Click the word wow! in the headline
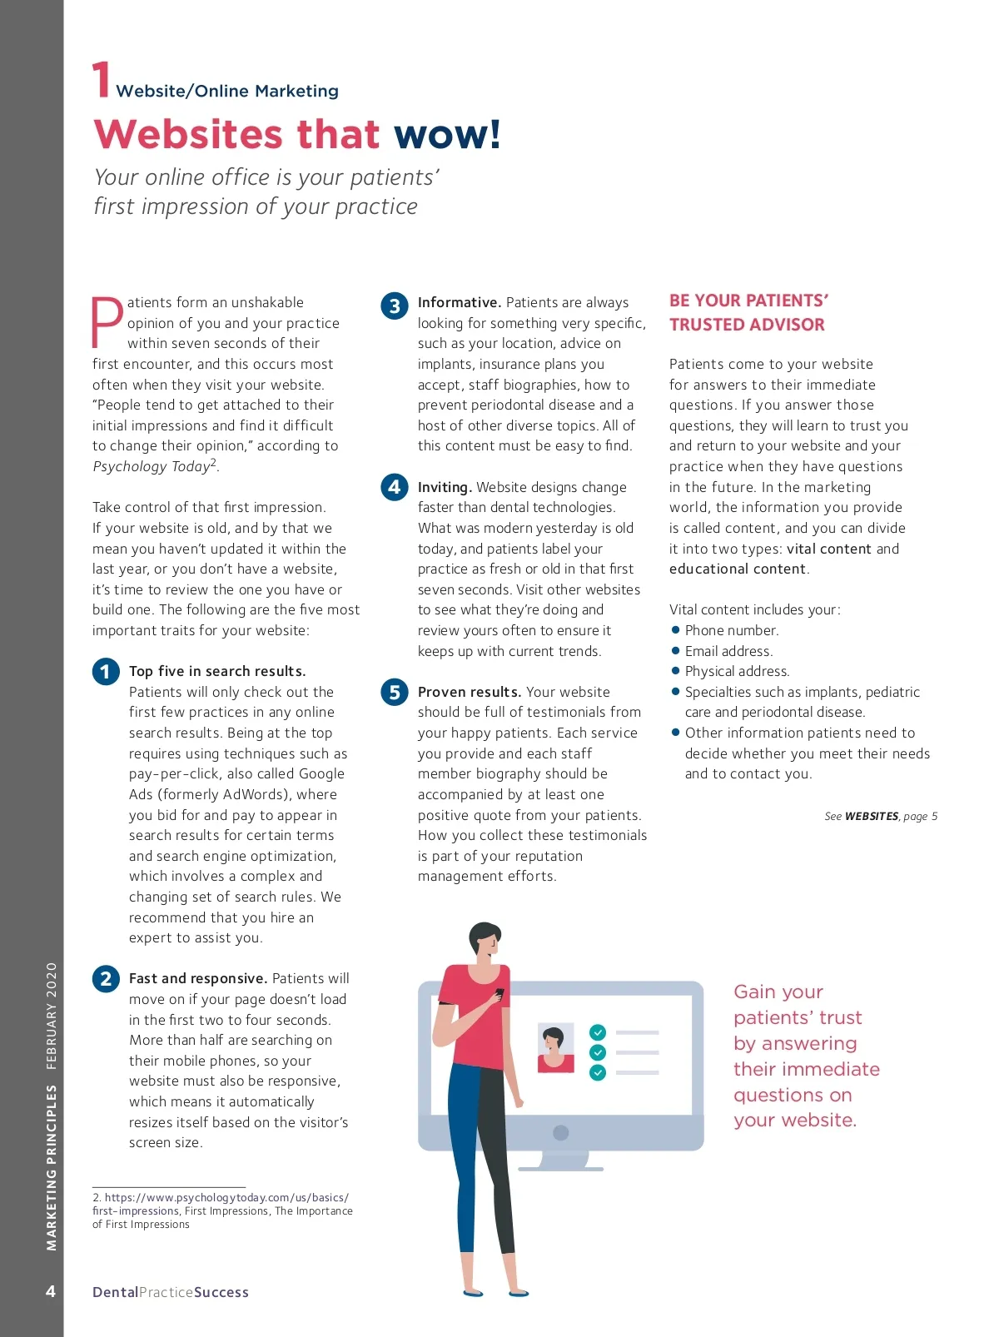pos(447,134)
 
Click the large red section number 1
pos(101,80)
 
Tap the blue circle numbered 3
pos(395,306)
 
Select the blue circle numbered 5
pos(395,693)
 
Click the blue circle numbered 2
pos(106,979)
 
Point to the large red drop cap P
pos(107,322)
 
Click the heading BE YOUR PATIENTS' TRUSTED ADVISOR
pos(748,312)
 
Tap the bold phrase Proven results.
pos(469,693)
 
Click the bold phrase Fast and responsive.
pos(197,979)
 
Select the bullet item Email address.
pos(728,651)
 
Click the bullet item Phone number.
pos(731,630)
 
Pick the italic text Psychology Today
pos(151,467)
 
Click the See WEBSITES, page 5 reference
pos(880,817)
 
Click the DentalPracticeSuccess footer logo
pos(171,1292)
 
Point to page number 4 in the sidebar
pos(51,1291)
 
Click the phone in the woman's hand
pos(499,993)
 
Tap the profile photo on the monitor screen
pos(555,1047)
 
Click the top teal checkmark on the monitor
pos(598,1032)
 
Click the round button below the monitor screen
pos(560,1133)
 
